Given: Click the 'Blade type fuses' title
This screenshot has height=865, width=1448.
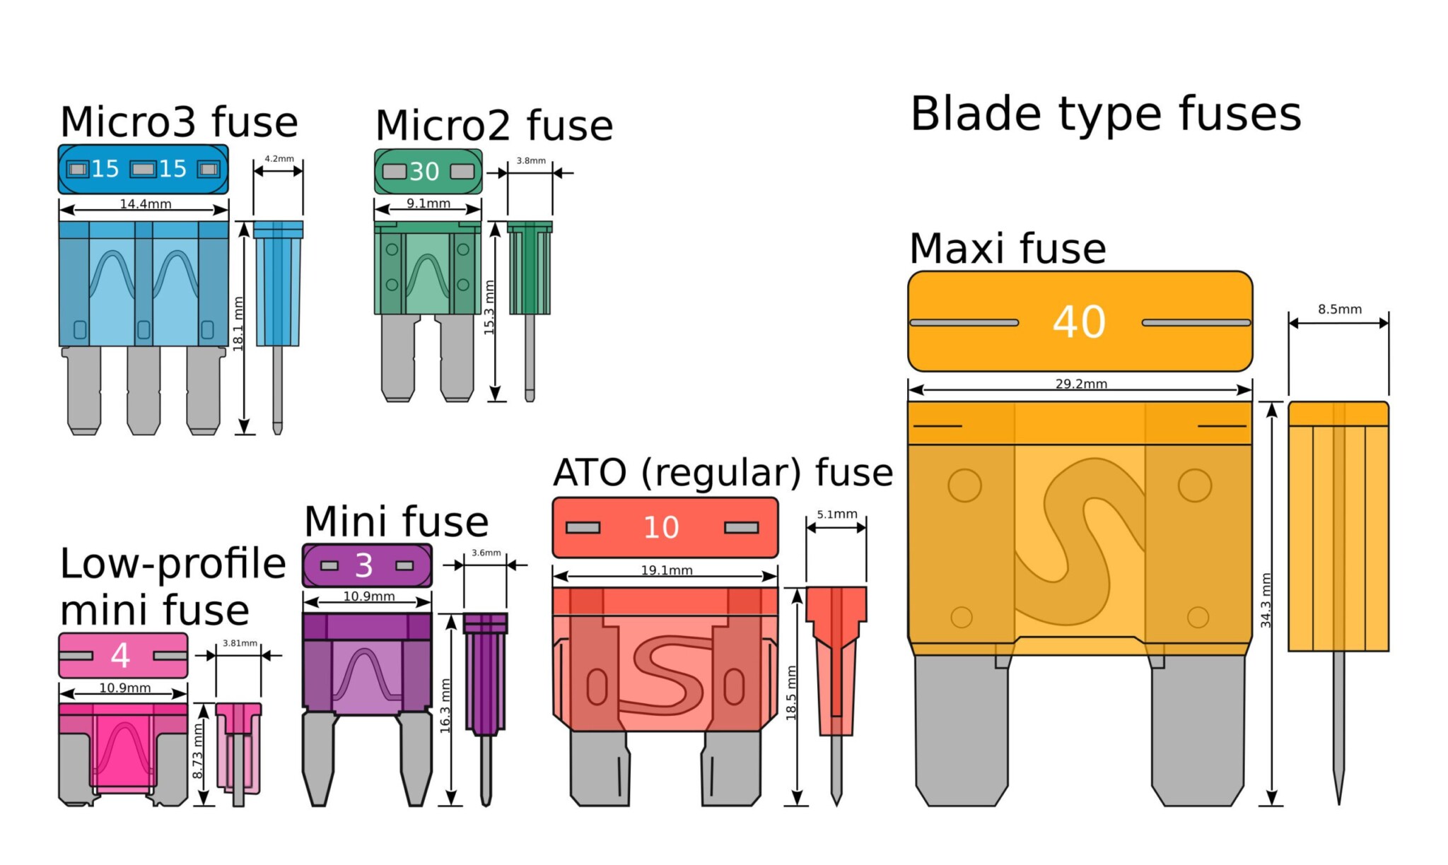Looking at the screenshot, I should click(x=1105, y=114).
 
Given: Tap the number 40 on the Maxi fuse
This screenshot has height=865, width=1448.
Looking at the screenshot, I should click(x=1079, y=322).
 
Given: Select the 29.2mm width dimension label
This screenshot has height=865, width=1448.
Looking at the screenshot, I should click(x=1081, y=384).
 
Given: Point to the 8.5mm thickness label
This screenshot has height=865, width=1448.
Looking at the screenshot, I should click(x=1339, y=310).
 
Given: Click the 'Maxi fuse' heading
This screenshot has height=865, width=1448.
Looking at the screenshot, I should click(x=1008, y=249).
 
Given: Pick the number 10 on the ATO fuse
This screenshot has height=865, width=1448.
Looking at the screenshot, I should click(x=661, y=528).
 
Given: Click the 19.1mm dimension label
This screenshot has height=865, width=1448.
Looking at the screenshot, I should click(x=667, y=570).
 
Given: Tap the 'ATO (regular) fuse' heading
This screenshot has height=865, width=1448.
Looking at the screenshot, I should click(x=723, y=473).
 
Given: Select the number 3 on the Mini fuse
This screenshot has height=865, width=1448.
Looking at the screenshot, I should click(x=364, y=565).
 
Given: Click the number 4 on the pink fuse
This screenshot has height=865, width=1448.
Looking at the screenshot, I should click(x=121, y=656).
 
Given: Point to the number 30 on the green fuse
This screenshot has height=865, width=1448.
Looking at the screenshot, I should click(x=424, y=172).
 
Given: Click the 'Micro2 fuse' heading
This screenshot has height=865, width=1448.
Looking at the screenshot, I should click(x=494, y=126).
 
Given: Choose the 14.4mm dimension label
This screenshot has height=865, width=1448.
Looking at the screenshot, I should click(x=146, y=204).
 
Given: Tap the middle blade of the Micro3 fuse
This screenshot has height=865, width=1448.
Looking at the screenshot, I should click(x=144, y=391).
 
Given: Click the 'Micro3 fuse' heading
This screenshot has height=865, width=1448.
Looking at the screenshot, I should click(x=179, y=122).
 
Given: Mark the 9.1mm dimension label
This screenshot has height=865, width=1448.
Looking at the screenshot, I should click(x=428, y=204).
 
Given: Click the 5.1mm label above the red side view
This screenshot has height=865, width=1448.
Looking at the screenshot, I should click(x=836, y=514).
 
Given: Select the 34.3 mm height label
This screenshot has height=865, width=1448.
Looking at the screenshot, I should click(x=1266, y=600).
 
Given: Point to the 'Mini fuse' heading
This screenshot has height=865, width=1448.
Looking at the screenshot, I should click(x=396, y=522).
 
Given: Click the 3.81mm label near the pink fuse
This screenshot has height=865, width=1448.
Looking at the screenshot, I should click(x=240, y=643).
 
